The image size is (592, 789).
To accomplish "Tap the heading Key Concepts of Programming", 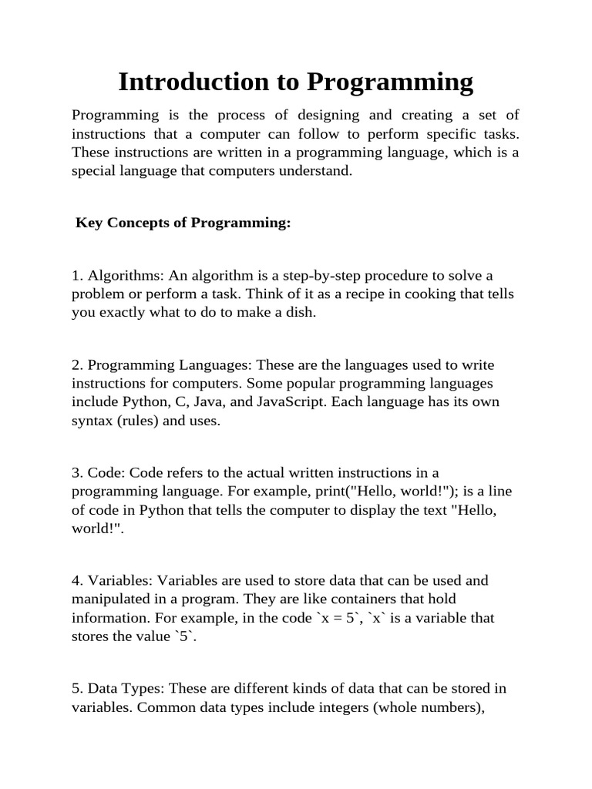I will point(183,223).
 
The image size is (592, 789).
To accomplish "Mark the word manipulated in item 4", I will point(111,599).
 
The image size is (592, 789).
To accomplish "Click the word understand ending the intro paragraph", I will point(318,171).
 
